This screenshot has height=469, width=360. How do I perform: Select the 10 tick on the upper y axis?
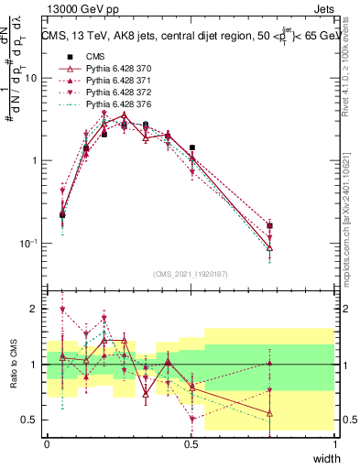tap(33, 78)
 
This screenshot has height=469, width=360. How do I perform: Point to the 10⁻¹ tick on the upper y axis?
tap(31, 243)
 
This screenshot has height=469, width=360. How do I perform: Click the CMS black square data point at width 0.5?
tap(191, 147)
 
